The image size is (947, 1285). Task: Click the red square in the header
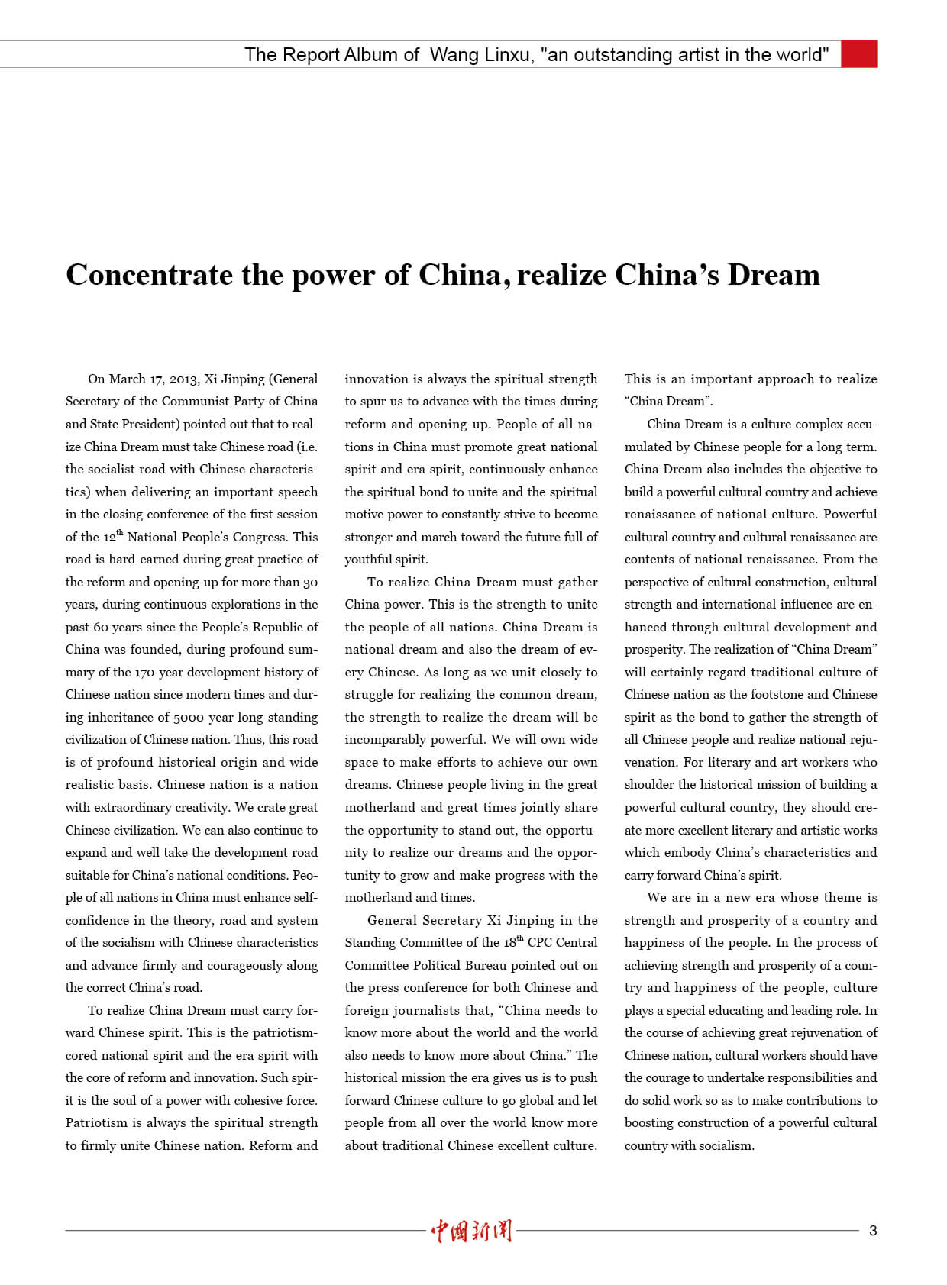[x=858, y=54]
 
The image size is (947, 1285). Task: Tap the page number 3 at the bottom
[x=873, y=1230]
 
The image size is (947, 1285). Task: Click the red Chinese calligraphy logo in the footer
[x=471, y=1230]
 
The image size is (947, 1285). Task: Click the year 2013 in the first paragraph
[x=183, y=379]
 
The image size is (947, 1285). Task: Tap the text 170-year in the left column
[x=158, y=672]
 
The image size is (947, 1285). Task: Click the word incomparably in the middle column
[x=383, y=739]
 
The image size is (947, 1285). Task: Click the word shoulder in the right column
[x=649, y=784]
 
